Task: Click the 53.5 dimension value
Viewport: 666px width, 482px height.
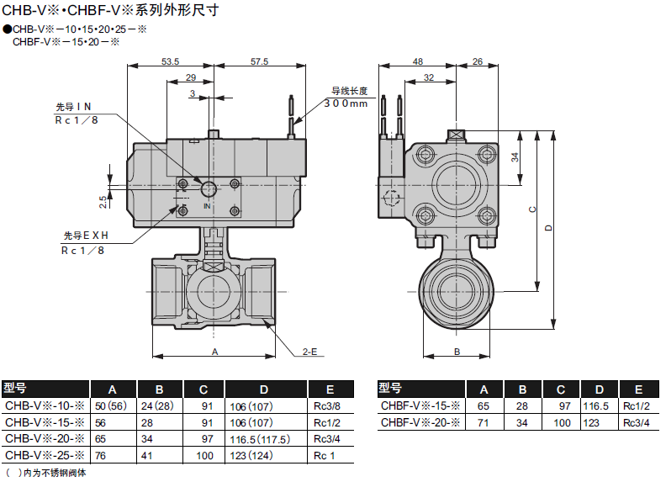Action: (170, 61)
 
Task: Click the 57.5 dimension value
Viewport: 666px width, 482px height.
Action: (259, 61)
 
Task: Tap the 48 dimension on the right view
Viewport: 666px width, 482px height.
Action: (418, 61)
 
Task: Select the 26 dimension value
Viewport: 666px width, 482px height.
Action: (478, 61)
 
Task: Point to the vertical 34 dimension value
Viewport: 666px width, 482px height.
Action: (515, 157)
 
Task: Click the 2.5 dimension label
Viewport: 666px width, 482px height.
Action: (103, 202)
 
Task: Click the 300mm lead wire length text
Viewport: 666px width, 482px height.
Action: (346, 103)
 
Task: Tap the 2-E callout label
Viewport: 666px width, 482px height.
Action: (309, 352)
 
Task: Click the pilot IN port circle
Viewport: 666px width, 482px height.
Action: (209, 188)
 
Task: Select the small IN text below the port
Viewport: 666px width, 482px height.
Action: (207, 206)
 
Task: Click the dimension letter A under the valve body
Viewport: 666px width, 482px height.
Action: (215, 352)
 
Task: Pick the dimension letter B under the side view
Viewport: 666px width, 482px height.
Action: (457, 352)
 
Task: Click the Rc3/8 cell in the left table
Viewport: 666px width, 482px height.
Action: (326, 406)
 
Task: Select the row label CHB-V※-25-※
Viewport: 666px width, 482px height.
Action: (45, 455)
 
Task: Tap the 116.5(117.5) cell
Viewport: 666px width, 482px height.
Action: (260, 439)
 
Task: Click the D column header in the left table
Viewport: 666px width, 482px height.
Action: (264, 389)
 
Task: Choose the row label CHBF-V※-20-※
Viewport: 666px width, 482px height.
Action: (420, 422)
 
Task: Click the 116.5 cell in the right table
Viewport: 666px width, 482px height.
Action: (595, 406)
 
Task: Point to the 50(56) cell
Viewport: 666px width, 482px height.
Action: (111, 406)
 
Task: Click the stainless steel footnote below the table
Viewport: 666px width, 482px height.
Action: (46, 473)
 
